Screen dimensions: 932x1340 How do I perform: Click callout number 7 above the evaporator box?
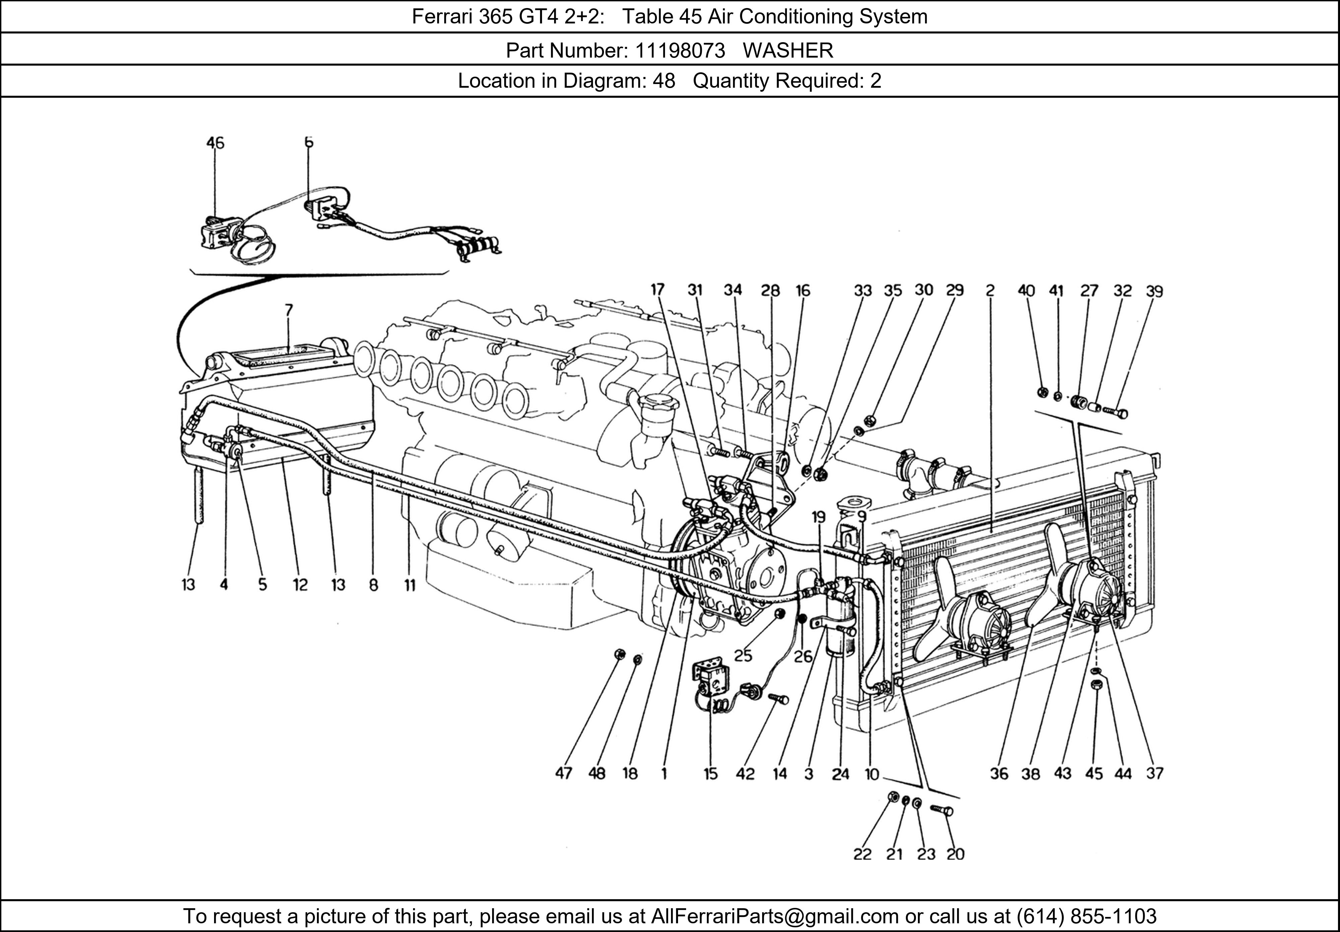coord(289,310)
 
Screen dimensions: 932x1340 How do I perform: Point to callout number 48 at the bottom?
coord(596,773)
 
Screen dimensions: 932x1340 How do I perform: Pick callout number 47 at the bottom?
coord(563,773)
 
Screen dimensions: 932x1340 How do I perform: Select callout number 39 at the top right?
coord(1154,291)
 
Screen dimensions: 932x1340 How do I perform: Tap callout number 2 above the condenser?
coord(990,291)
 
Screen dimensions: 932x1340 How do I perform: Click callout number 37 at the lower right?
coord(1154,773)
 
